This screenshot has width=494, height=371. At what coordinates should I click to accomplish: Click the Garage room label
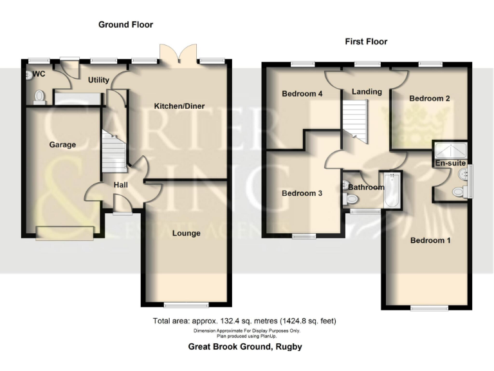point(62,145)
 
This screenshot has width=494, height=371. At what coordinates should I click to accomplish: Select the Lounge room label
point(186,233)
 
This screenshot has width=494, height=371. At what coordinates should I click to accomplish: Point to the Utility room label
point(99,81)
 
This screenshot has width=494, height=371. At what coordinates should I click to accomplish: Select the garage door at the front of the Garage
point(64,233)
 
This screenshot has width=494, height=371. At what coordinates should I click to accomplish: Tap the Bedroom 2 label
point(429,99)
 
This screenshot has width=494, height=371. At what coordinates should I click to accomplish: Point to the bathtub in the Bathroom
point(390,191)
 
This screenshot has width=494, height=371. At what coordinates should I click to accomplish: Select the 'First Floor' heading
point(366,42)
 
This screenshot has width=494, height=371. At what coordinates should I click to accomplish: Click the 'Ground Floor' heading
point(125,24)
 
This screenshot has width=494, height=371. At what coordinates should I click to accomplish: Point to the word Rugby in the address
point(288,347)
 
